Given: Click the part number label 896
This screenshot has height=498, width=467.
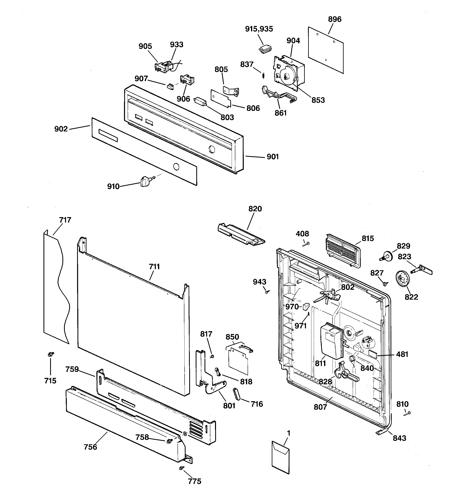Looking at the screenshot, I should coord(335,19).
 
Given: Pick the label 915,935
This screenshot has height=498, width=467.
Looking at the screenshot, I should coord(259,29).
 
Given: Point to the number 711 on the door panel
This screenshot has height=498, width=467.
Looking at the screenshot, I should coord(154,267).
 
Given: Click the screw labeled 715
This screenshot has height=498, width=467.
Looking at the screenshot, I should coord(51,354).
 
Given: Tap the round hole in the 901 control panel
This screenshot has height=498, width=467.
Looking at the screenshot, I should coord(212,150).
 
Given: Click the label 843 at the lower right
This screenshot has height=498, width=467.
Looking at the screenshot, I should coord(399,438).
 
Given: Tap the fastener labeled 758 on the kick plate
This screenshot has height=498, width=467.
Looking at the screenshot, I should coord(169,441).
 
